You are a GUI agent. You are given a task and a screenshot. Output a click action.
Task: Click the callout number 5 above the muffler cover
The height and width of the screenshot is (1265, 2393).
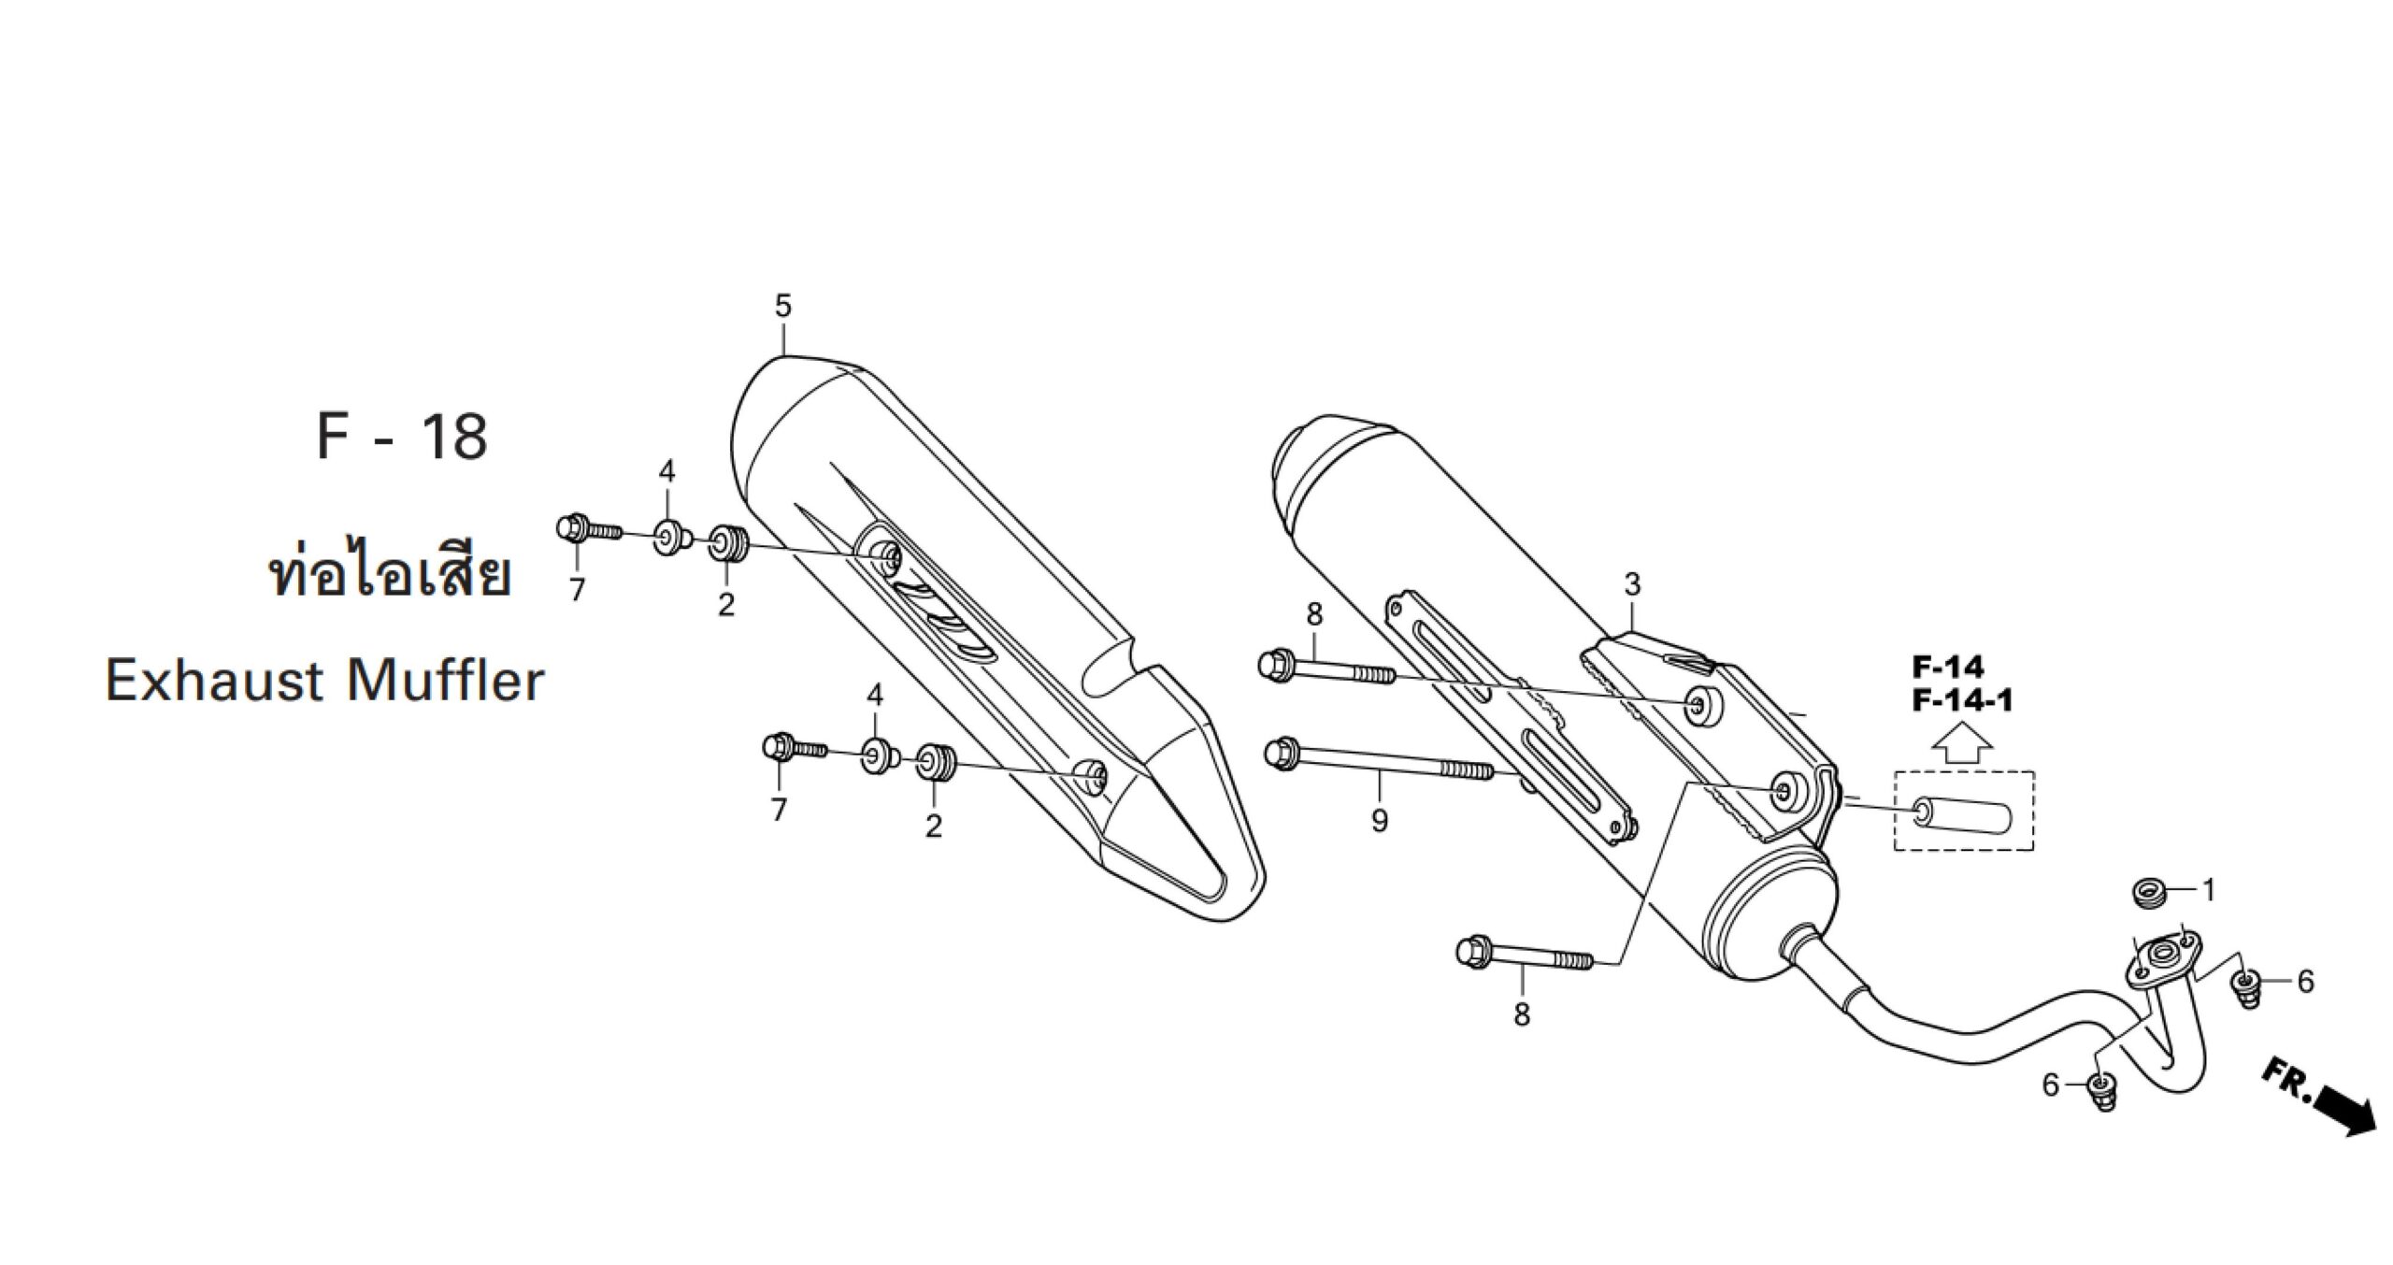783,306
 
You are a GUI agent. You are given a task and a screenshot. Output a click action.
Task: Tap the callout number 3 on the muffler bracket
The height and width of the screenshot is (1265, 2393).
1632,585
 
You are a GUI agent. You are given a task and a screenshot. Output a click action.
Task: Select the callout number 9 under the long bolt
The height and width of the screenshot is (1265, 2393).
1380,821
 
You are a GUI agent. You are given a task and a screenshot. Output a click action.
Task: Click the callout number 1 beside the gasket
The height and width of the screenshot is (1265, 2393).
2210,891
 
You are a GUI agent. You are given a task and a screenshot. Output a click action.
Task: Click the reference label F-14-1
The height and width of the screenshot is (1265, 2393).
1963,699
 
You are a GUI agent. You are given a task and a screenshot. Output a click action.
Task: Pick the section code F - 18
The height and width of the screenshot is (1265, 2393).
403,437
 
